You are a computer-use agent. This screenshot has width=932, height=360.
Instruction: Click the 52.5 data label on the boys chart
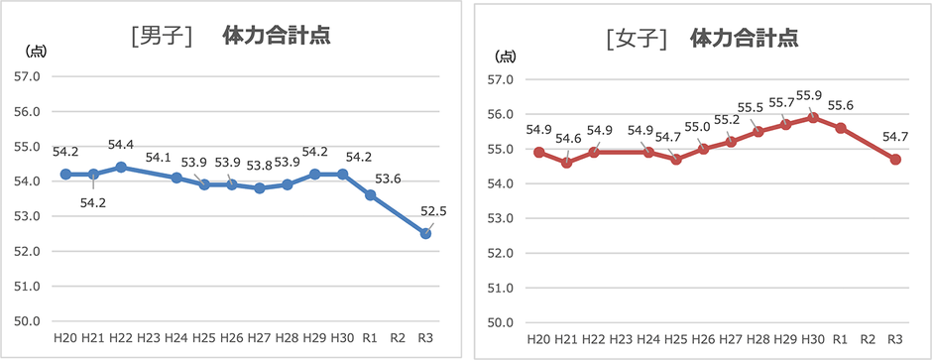(432, 210)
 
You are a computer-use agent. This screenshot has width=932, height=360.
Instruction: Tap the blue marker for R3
(426, 233)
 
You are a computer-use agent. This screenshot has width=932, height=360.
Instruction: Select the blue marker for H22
(121, 167)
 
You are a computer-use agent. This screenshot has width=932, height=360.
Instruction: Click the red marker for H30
(813, 117)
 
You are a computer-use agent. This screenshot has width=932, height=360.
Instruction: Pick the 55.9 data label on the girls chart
(808, 95)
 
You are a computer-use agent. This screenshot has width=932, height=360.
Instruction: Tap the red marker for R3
(895, 159)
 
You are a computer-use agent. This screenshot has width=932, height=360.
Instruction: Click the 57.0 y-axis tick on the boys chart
(26, 76)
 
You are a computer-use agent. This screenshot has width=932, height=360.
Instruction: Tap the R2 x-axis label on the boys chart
(399, 338)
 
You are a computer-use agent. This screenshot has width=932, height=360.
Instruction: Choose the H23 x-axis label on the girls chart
(622, 339)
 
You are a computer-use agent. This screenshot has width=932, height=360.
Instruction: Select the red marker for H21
(566, 162)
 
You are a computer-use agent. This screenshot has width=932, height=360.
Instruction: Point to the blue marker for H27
(260, 187)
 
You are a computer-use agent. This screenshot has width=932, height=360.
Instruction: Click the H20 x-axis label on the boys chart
(65, 338)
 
